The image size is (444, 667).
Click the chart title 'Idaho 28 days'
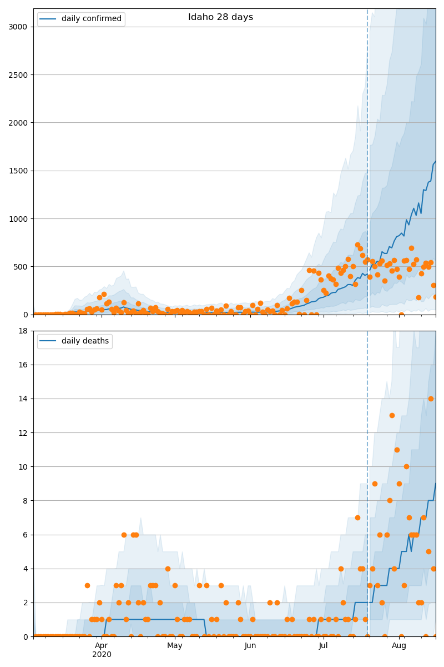pos(220,17)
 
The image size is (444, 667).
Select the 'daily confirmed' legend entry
pos(81,19)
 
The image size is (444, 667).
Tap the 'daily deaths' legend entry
pos(75,341)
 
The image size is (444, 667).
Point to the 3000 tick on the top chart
pos(18,27)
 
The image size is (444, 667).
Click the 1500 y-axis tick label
pos(18,171)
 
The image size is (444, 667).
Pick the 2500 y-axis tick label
pos(18,75)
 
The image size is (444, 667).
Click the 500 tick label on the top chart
pos(20,267)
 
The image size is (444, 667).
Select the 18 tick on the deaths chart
pos(23,331)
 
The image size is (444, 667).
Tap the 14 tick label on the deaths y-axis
pos(23,399)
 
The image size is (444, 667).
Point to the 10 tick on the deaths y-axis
pos(23,467)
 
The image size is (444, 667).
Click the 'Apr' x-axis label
pos(102,645)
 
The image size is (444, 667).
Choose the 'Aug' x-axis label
pos(399,645)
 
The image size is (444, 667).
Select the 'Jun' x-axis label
pos(250,645)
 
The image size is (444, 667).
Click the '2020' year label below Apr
pos(102,654)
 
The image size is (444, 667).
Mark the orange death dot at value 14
pos(431,399)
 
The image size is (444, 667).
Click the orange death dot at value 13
pos(392,415)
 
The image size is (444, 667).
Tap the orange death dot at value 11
pos(397,450)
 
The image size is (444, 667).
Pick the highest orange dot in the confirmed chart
pos(357,245)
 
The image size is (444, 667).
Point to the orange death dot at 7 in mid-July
pos(357,518)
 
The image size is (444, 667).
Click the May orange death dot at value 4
pos(168,569)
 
